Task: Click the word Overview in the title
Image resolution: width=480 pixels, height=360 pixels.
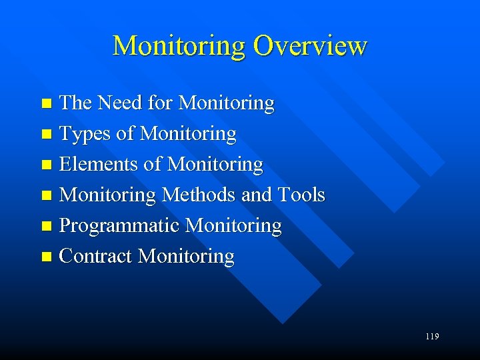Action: point(310,46)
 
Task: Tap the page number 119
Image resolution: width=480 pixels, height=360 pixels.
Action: point(431,337)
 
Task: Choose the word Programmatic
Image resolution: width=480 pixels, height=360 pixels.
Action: point(119,226)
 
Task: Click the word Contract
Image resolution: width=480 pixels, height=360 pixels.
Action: point(96,256)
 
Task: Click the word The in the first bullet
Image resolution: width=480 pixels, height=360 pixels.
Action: point(75,103)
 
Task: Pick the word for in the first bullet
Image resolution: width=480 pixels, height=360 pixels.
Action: point(161,103)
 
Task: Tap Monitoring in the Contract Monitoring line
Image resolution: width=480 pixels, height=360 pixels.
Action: point(186,257)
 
